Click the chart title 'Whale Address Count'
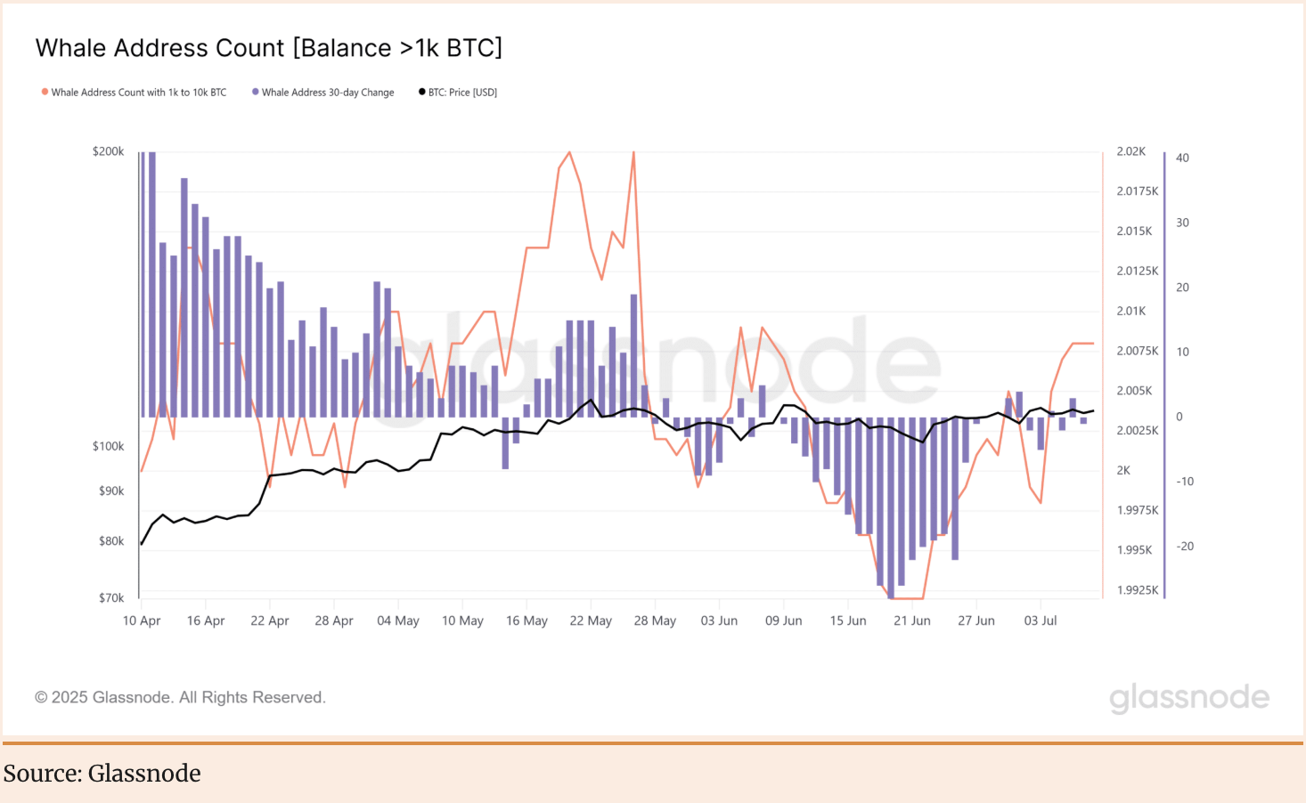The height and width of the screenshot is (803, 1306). point(268,48)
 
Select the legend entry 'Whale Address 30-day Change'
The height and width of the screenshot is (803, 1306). point(327,93)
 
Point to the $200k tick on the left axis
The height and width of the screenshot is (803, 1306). point(108,151)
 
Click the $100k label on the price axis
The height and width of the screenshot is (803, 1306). point(108,446)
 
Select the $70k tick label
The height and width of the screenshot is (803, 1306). point(111,598)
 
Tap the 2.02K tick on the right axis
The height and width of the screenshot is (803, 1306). point(1131,151)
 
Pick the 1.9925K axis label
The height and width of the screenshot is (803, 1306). point(1137,590)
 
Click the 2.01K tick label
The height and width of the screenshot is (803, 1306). point(1131,311)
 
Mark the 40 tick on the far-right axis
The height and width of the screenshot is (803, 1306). point(1182,158)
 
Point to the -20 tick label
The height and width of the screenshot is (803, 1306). point(1185,547)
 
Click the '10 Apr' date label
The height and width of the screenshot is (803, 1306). point(142,620)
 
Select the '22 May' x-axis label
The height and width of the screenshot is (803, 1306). point(591,620)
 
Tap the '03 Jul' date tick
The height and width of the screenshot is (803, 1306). point(1040,620)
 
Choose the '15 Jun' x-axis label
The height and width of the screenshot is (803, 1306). point(847,620)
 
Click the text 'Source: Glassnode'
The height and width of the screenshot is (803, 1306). point(102,773)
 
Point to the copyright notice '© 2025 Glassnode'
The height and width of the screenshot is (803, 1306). point(180,697)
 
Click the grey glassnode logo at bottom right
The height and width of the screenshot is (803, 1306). point(1188,698)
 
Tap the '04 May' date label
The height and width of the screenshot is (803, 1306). point(398,620)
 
